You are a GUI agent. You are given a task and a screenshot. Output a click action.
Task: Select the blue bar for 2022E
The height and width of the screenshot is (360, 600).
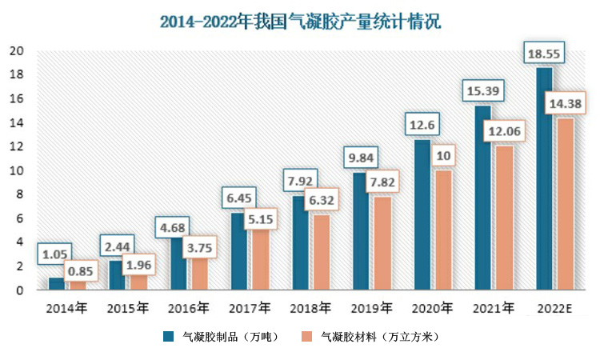543,180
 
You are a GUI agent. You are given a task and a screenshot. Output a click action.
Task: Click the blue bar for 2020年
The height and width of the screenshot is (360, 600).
422,216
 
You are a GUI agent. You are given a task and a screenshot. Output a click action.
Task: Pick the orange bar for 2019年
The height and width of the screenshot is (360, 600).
382,243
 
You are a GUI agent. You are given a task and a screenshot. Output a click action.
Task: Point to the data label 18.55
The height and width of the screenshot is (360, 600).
543,54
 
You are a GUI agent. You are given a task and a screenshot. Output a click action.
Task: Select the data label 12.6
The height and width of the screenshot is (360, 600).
422,126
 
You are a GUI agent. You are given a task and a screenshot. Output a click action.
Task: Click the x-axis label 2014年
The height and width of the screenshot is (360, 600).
67,307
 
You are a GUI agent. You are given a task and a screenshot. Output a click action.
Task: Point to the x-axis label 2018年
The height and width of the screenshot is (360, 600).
310,307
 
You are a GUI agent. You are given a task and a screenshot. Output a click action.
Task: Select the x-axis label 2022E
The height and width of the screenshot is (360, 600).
554,307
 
